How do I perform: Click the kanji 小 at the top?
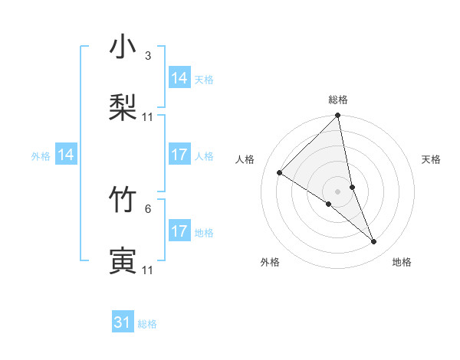point(123,47)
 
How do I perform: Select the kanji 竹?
point(123,201)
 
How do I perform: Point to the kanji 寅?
point(123,261)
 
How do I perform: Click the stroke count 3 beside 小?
point(148,56)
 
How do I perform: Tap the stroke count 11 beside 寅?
point(148,270)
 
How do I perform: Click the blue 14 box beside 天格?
point(179,78)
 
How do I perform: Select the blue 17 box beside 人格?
point(179,155)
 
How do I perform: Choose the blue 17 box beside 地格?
point(179,231)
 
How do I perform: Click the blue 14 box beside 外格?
point(66,155)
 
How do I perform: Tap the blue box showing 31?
point(123,322)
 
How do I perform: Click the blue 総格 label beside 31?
point(147,324)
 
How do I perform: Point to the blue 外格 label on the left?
point(41,155)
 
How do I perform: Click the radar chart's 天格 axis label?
point(431,159)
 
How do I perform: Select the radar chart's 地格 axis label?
point(402,262)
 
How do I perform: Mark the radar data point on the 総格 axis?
point(338,116)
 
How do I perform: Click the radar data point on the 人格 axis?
point(280,172)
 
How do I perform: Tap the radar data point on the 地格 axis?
point(374,242)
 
